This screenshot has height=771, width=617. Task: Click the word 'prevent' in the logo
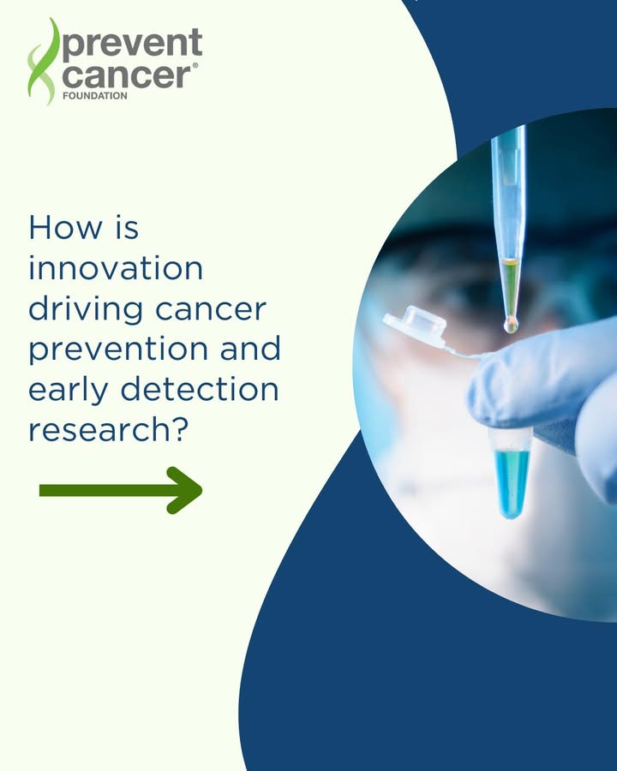132,45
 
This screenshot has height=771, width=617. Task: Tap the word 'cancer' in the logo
127,75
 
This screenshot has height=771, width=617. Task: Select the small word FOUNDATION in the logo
95,96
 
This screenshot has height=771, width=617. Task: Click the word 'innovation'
116,268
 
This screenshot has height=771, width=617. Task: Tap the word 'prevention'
117,350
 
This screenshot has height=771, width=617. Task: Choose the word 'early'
68,391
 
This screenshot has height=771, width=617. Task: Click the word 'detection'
200,389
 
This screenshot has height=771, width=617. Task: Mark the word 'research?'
109,429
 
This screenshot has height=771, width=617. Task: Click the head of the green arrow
184,490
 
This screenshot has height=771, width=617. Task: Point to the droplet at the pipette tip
511,324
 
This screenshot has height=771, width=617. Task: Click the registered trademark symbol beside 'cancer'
195,65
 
